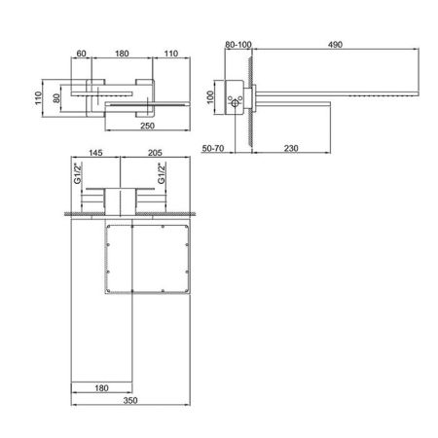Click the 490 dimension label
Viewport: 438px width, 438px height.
pos(335,45)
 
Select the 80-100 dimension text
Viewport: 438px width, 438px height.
pos(238,45)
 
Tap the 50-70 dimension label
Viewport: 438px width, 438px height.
pos(213,148)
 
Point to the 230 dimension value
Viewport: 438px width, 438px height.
pos(291,148)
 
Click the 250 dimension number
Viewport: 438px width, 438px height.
pos(147,126)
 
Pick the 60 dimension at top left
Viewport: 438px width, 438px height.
pos(81,54)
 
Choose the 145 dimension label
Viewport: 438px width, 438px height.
pos(95,153)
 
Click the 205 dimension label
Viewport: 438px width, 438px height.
pos(155,153)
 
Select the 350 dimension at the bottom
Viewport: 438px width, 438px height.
pos(130,400)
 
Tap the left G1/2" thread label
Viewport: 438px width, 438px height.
pos(78,173)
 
